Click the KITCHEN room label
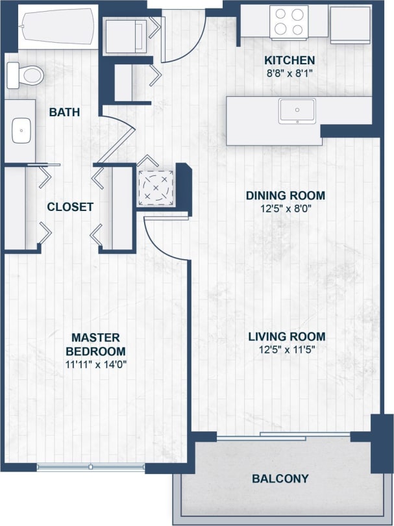(x=289, y=60)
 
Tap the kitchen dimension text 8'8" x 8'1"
(x=289, y=73)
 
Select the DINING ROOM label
(x=285, y=195)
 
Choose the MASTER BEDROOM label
(x=95, y=344)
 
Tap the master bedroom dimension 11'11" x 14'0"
(x=95, y=364)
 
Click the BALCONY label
(x=280, y=479)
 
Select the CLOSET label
(x=70, y=207)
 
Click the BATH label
(x=64, y=112)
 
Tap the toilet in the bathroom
(x=23, y=75)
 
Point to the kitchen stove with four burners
(x=289, y=21)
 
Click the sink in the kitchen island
(x=297, y=110)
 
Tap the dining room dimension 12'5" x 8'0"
(x=285, y=208)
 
